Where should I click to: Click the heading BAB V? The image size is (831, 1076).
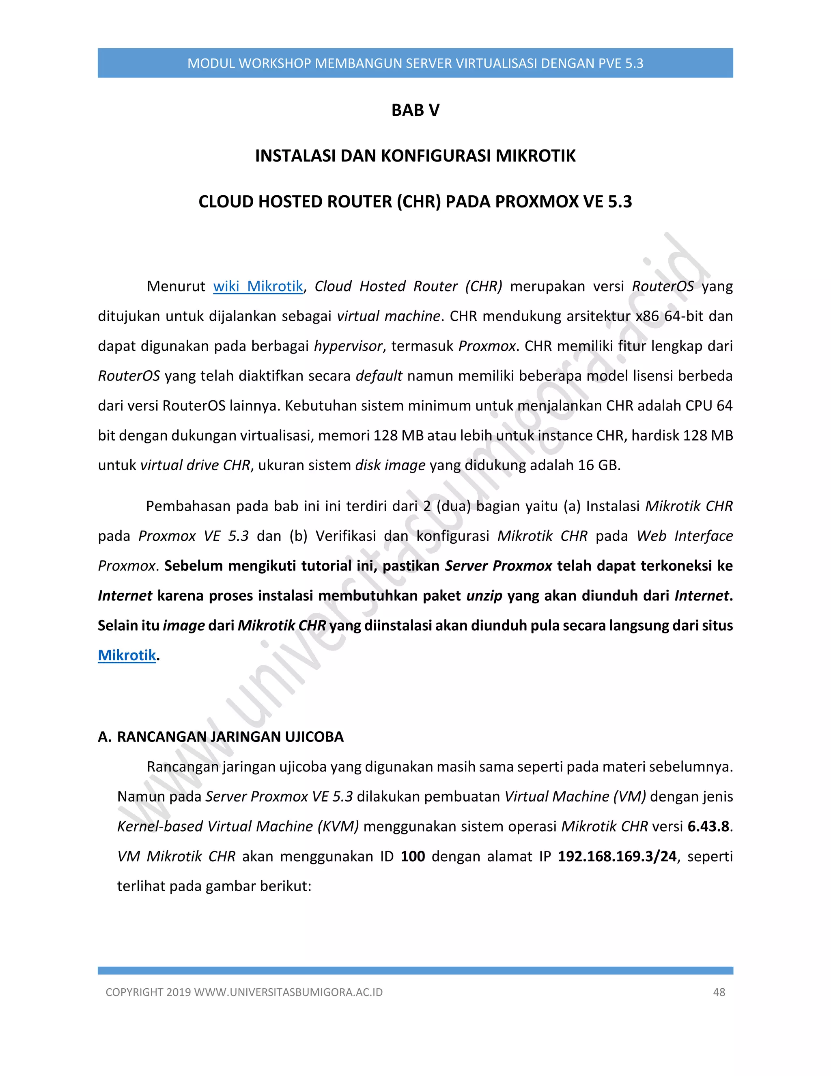415,110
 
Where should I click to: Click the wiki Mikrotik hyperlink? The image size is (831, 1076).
258,286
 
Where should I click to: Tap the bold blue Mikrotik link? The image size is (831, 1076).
127,655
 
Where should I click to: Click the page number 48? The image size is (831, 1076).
719,992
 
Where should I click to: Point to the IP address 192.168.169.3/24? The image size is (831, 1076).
617,856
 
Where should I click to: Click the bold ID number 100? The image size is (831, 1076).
413,856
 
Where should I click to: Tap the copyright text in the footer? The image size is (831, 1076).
244,992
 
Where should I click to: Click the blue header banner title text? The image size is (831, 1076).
415,63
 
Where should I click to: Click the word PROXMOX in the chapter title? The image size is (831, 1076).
536,201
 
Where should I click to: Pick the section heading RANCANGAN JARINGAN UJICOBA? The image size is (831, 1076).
230,737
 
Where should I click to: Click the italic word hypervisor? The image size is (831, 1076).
348,346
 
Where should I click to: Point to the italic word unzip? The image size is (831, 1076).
484,596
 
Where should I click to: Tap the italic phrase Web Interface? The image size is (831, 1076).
684,536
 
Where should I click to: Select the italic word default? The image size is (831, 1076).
379,376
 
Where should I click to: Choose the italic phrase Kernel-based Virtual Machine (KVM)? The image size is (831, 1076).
238,826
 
